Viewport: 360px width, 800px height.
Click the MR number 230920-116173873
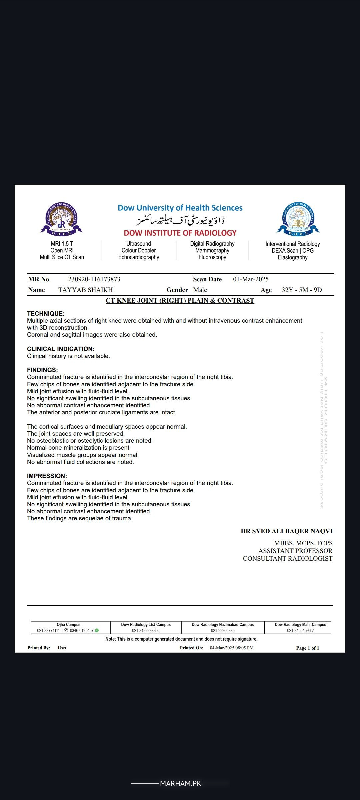click(x=94, y=279)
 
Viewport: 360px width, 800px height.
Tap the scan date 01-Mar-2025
click(x=251, y=279)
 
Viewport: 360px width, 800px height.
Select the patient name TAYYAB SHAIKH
click(x=86, y=290)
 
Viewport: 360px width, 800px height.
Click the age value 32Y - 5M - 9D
click(x=302, y=290)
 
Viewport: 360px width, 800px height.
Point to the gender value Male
click(x=200, y=290)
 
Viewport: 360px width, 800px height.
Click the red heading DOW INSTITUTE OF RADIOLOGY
click(x=180, y=233)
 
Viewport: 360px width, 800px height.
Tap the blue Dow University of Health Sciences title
click(x=180, y=208)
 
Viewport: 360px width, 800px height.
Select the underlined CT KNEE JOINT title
click(x=180, y=301)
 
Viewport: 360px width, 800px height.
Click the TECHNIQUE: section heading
click(x=46, y=314)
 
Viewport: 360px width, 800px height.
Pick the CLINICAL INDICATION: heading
click(x=61, y=349)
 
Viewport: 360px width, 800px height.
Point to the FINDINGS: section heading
click(x=42, y=370)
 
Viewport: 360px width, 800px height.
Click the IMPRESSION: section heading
click(x=47, y=476)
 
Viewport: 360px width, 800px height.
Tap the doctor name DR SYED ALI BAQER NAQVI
click(x=287, y=531)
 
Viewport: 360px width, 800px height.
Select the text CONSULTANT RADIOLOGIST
click(x=288, y=559)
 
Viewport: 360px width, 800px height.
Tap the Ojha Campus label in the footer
click(x=68, y=625)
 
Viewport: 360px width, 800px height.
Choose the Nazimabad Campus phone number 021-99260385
click(x=223, y=631)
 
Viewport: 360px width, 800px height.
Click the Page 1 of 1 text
click(x=307, y=648)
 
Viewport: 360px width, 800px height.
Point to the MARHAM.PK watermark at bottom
click(x=180, y=783)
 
